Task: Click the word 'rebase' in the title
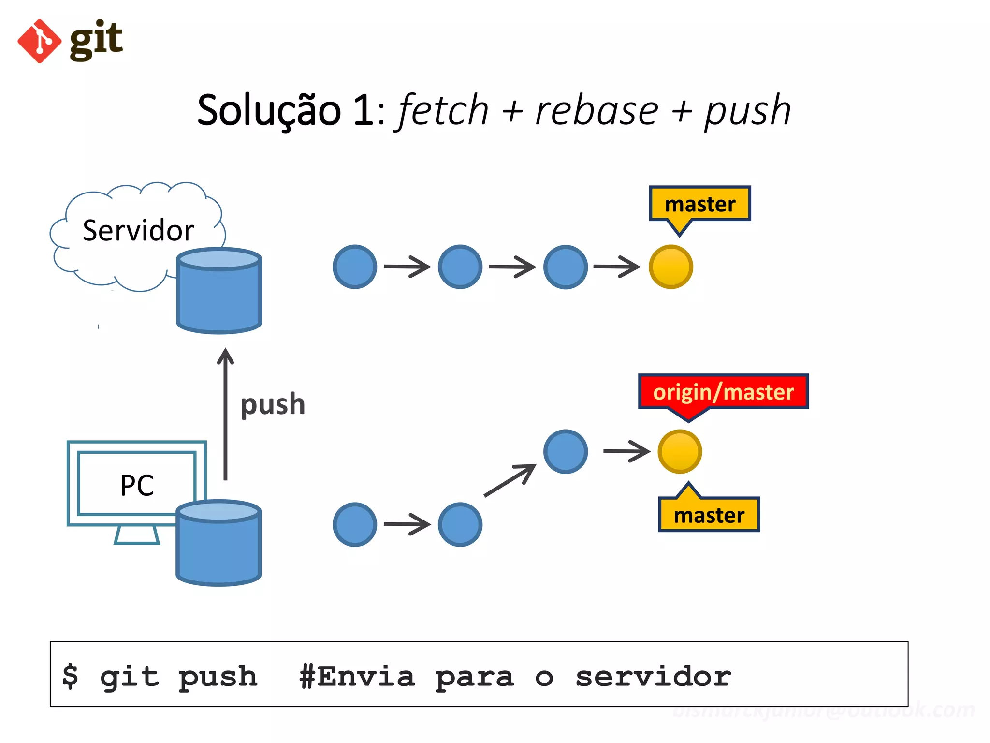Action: tap(597, 111)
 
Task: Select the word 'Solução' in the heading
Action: tap(269, 111)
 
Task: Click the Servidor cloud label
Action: tap(138, 231)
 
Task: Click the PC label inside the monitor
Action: tap(137, 485)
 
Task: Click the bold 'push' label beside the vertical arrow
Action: tap(273, 404)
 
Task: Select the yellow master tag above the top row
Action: tap(700, 204)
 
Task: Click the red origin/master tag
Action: tap(723, 392)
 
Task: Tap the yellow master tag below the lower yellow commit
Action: tap(709, 515)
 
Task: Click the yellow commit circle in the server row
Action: tap(670, 267)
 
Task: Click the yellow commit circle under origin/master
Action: tap(680, 451)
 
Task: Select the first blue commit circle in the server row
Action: tap(355, 267)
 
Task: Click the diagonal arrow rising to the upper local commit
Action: tap(510, 480)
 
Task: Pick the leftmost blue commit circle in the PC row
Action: tap(355, 525)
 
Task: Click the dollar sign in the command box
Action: tap(71, 676)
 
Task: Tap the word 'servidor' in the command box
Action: tap(653, 676)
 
